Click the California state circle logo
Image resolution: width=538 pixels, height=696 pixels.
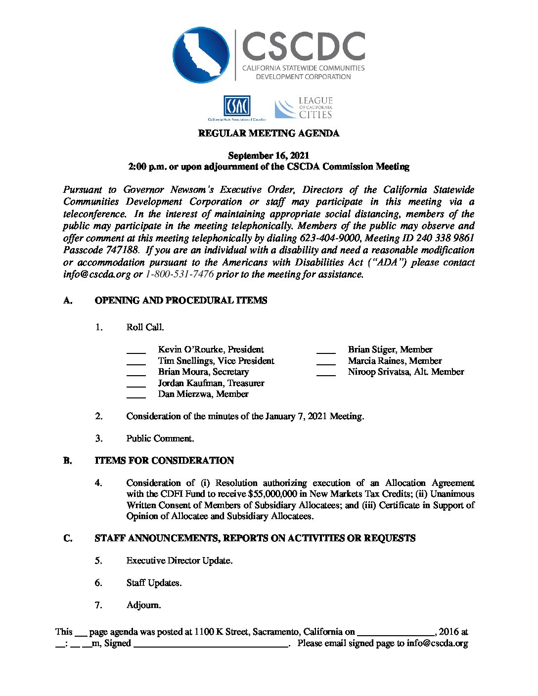(201, 55)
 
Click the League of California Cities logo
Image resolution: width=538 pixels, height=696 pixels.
(304, 108)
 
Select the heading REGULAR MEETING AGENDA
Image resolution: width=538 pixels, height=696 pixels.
(269, 133)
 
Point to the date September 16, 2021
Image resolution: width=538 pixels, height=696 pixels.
(269, 156)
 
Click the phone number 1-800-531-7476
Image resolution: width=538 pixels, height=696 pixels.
(179, 274)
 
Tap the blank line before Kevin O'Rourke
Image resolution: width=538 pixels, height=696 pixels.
(136, 350)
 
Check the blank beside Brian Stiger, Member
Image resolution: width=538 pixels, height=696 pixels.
(326, 350)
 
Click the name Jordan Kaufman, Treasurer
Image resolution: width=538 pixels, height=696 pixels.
(211, 383)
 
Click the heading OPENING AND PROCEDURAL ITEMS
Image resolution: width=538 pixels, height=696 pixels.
(181, 301)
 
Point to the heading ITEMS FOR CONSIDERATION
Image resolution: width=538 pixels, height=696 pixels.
(164, 461)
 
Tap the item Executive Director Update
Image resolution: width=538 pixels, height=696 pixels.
(179, 561)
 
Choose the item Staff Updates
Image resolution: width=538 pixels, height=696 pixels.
(154, 583)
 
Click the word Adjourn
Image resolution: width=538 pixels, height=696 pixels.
(143, 605)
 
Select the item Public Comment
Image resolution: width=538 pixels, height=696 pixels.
(160, 438)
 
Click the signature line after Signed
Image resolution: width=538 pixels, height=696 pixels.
(211, 645)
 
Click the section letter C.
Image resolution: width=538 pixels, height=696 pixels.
(68, 538)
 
